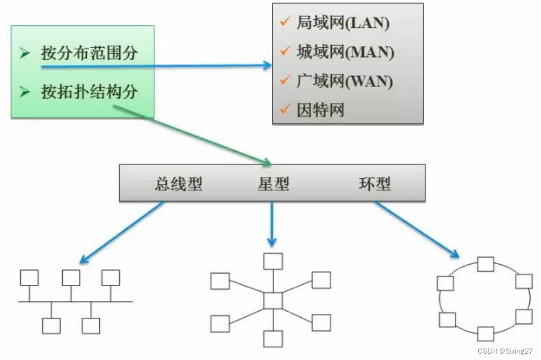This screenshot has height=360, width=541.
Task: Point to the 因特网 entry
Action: coord(320,110)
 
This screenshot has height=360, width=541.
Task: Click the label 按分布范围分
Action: coord(90,53)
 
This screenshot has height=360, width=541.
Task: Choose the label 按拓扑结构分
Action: coord(90,92)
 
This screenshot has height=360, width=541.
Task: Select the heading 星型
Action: coord(273,184)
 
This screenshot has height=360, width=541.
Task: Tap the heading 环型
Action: coord(374,184)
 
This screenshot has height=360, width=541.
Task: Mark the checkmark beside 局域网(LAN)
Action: coord(284,23)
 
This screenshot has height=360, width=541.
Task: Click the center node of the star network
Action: coord(273,301)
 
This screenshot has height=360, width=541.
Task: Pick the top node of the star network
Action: coord(273,261)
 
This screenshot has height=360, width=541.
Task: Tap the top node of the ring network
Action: coord(486,264)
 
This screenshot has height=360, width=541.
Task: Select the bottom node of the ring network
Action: coord(486,333)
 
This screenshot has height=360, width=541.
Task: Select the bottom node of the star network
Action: coord(273,339)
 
